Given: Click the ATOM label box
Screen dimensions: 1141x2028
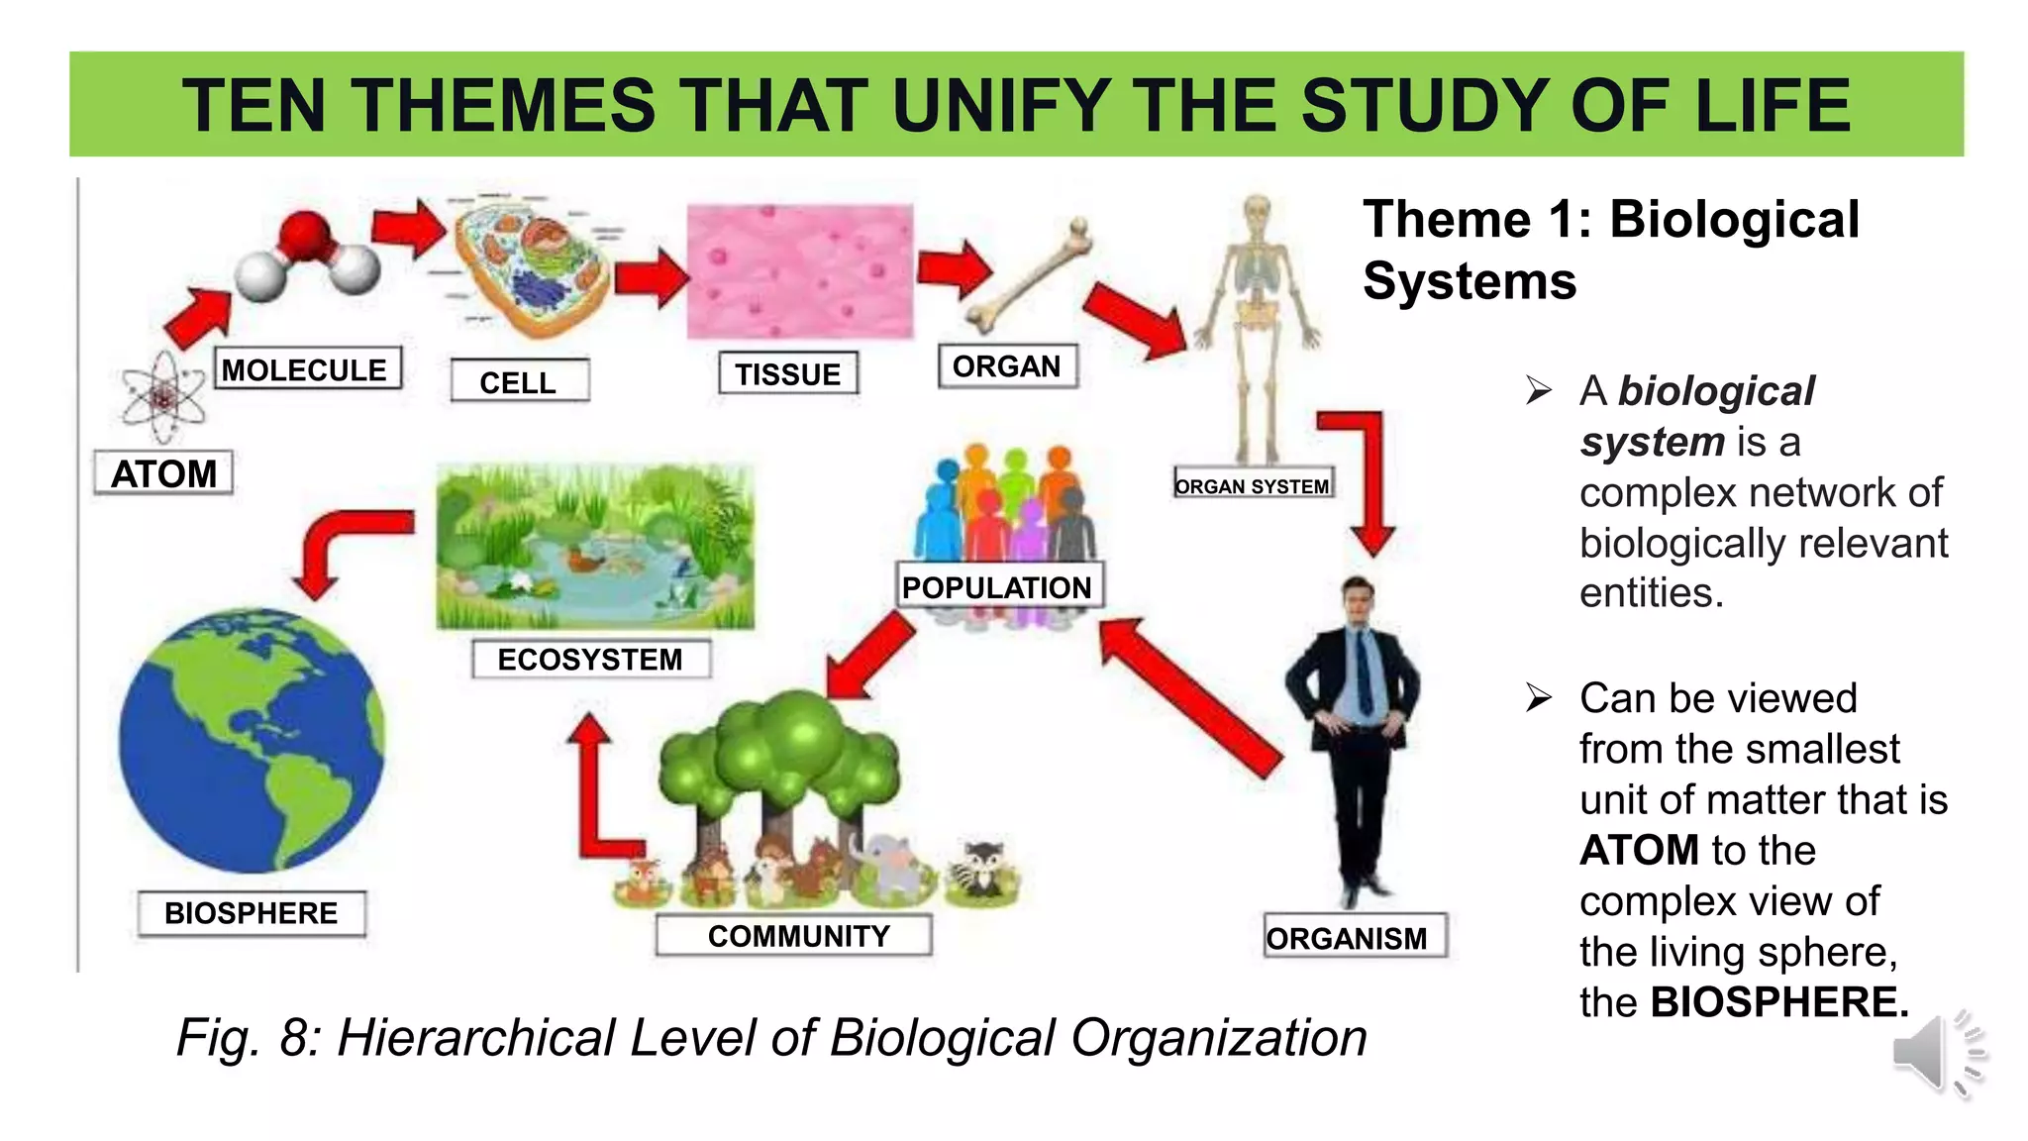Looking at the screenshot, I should click(x=163, y=473).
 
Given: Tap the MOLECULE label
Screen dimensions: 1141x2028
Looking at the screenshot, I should click(x=306, y=369).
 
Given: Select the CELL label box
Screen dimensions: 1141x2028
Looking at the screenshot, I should click(x=519, y=381).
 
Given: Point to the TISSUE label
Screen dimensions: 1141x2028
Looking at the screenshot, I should click(x=788, y=374).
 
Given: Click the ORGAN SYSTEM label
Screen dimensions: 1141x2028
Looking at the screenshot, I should click(x=1253, y=485).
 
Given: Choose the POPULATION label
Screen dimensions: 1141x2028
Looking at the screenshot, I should click(x=998, y=586).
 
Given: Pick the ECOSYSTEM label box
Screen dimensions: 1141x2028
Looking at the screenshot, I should click(x=591, y=659).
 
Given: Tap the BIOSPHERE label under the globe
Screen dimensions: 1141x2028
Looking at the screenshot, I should click(x=252, y=912).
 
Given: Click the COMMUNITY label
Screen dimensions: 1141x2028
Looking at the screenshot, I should click(x=797, y=935).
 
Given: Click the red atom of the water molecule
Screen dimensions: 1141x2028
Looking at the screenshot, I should click(x=305, y=238).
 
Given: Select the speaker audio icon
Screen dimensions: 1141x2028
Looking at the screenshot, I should click(x=1937, y=1054).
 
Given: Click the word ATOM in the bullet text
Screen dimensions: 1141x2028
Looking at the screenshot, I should click(x=1640, y=851).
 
